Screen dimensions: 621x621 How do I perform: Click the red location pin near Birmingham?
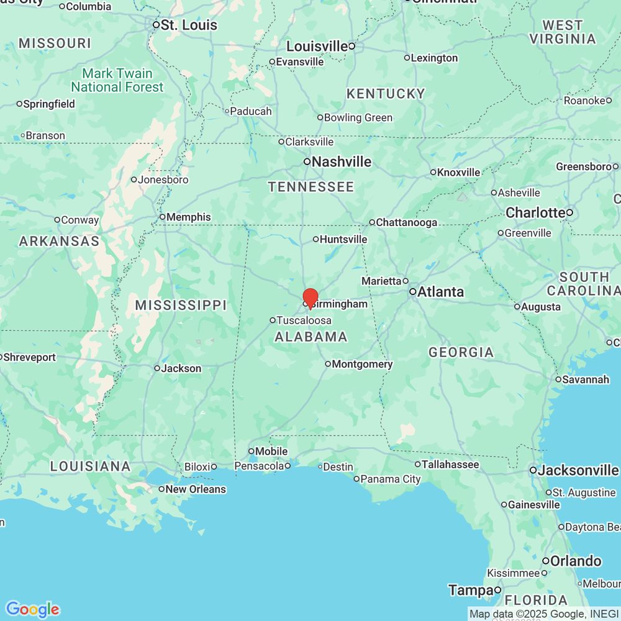[310, 297]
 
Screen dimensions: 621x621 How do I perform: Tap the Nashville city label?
[342, 162]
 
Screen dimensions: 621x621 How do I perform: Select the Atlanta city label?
[440, 292]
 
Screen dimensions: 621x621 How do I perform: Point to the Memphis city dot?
[162, 217]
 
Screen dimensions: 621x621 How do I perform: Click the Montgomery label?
[362, 365]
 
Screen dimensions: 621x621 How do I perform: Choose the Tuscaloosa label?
[304, 320]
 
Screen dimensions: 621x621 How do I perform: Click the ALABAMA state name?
[311, 337]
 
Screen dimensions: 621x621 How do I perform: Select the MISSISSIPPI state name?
[181, 305]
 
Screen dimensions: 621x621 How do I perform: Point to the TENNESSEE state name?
[311, 187]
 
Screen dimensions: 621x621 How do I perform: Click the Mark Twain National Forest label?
[117, 80]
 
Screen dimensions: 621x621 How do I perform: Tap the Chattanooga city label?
[407, 222]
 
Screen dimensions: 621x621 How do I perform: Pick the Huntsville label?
[343, 239]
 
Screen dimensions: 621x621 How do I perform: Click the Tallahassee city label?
[450, 465]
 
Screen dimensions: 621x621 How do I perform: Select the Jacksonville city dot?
[533, 471]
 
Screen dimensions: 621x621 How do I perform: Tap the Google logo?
[32, 609]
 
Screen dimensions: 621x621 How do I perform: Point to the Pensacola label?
[259, 466]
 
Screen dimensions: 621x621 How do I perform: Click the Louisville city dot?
[351, 46]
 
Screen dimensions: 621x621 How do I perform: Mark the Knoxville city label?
[459, 173]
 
